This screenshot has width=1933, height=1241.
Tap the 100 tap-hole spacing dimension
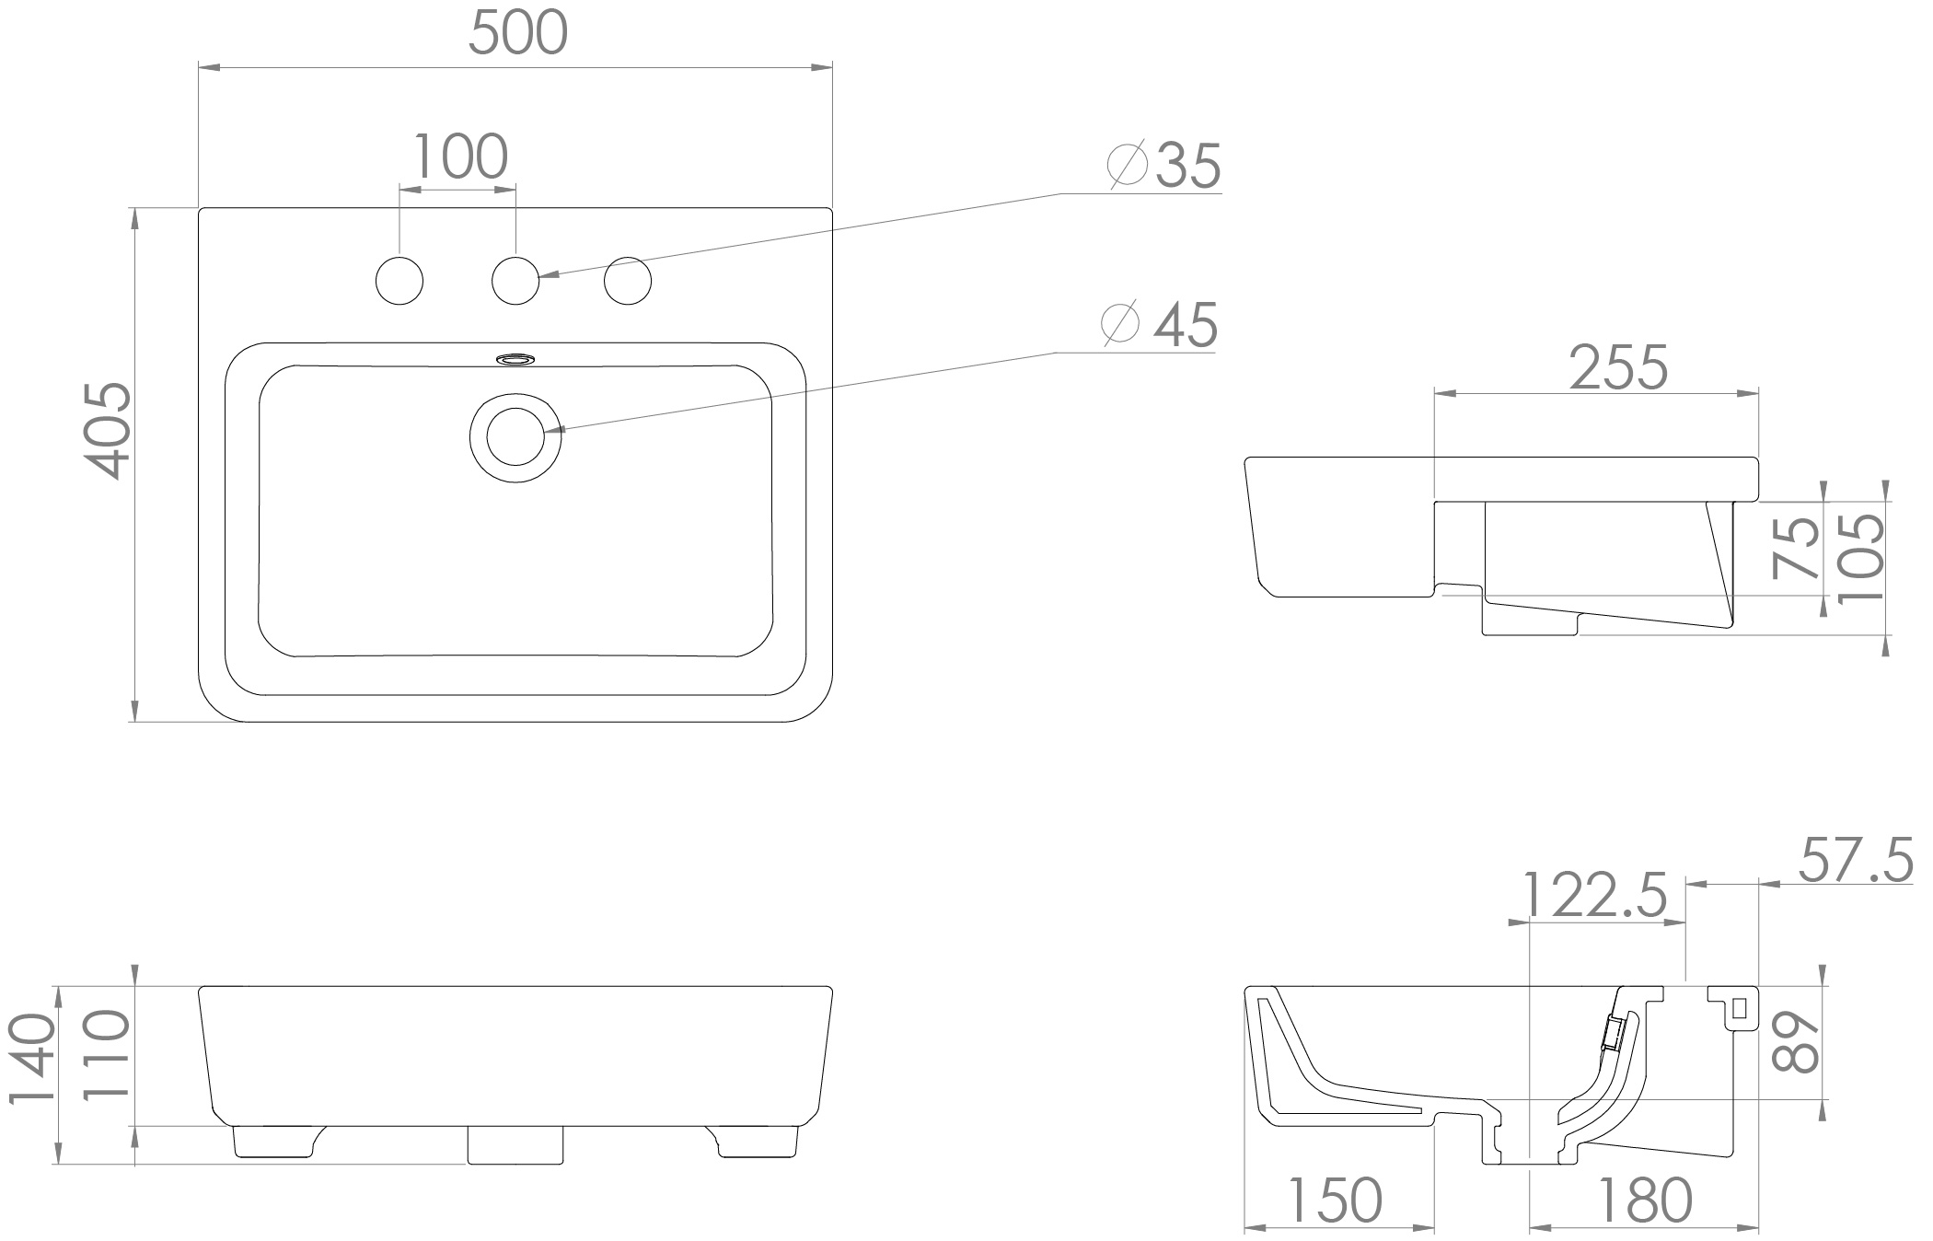(459, 157)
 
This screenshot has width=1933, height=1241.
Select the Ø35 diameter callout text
(1165, 167)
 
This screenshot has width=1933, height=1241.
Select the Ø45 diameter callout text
(1161, 325)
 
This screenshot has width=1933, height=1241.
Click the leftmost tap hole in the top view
(400, 281)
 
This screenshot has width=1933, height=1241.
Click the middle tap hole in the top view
(515, 281)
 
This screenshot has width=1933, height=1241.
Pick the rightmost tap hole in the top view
(628, 281)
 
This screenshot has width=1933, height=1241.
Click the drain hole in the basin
(515, 436)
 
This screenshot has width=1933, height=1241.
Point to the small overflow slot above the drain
(515, 358)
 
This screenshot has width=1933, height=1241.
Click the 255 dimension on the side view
(1618, 367)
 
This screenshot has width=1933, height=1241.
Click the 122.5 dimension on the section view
(1595, 894)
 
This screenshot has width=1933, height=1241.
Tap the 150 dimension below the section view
(1334, 1200)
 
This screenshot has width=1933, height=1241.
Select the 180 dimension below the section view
(1643, 1200)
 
